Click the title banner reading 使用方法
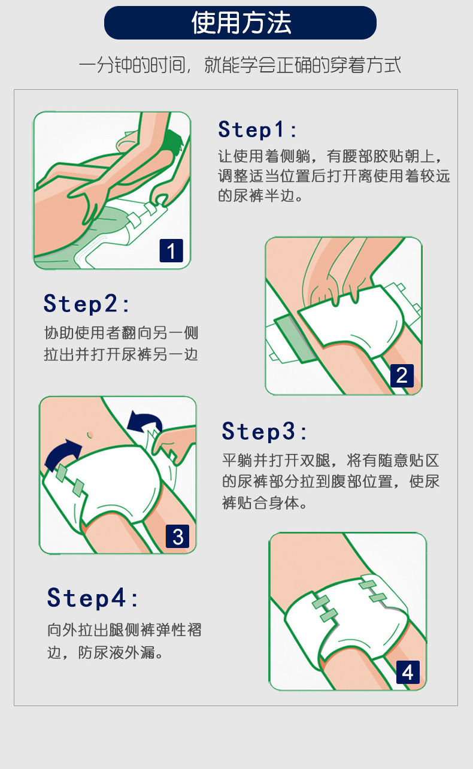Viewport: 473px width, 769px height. click(x=240, y=23)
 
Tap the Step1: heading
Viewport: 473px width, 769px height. click(x=257, y=129)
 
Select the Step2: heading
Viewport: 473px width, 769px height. click(x=86, y=304)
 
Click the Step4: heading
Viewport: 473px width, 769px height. click(x=93, y=598)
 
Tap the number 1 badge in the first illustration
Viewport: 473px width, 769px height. click(x=171, y=250)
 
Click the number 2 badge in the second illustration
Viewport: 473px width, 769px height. click(x=402, y=376)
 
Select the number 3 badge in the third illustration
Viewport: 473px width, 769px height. click(x=177, y=536)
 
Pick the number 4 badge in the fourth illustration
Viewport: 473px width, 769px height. click(x=408, y=672)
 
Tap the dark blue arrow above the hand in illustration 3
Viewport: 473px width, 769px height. click(x=144, y=421)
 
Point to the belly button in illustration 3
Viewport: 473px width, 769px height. click(x=90, y=435)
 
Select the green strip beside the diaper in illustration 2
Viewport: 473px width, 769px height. click(x=295, y=339)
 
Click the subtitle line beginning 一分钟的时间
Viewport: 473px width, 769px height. click(x=239, y=65)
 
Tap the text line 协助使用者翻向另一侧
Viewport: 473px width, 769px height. click(x=121, y=333)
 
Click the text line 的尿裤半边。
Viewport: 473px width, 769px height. click(x=260, y=196)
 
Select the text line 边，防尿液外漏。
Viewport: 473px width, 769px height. click(x=105, y=653)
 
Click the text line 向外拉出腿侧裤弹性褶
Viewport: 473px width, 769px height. click(x=125, y=630)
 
